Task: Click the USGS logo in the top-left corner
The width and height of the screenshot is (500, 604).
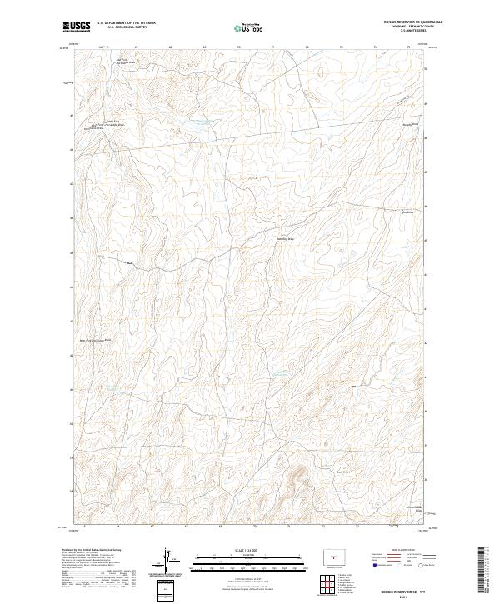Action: click(76, 27)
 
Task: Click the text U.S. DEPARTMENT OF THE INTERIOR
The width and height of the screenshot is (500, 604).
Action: click(126, 23)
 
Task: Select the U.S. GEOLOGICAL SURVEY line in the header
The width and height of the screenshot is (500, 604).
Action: click(126, 27)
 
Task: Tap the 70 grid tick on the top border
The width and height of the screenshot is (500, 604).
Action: click(241, 47)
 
